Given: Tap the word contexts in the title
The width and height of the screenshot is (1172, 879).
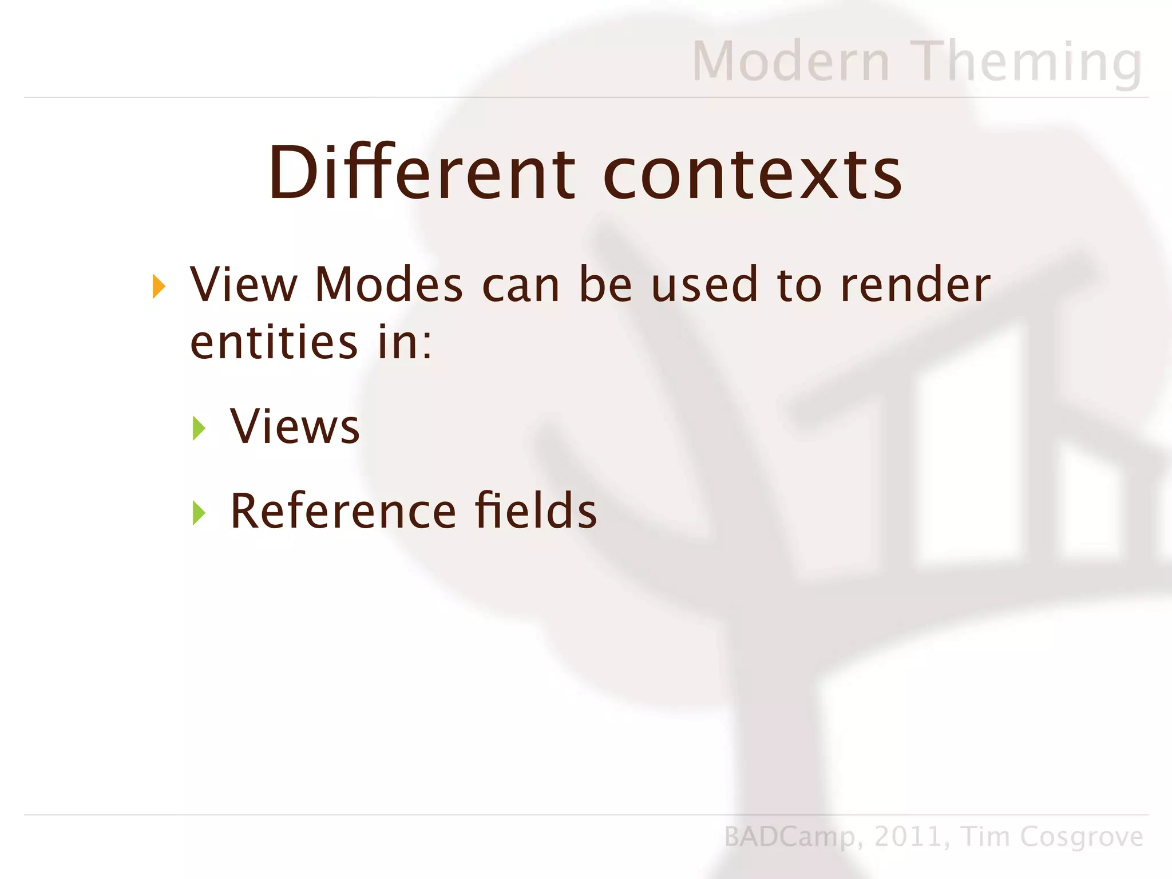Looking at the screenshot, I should pyautogui.click(x=753, y=173).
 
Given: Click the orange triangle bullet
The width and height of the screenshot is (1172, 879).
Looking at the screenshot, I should pyautogui.click(x=159, y=286).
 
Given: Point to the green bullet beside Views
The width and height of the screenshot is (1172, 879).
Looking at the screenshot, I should pyautogui.click(x=199, y=428).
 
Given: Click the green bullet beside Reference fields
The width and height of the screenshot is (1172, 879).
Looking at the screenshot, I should pyautogui.click(x=199, y=513).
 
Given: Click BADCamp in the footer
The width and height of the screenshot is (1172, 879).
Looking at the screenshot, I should pyautogui.click(x=790, y=837).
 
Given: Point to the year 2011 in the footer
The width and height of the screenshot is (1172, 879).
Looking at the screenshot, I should pyautogui.click(x=909, y=837).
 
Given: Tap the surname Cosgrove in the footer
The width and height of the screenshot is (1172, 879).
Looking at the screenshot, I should pyautogui.click(x=1081, y=837).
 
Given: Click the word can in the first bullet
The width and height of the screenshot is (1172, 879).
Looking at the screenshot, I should pyautogui.click(x=521, y=286).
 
